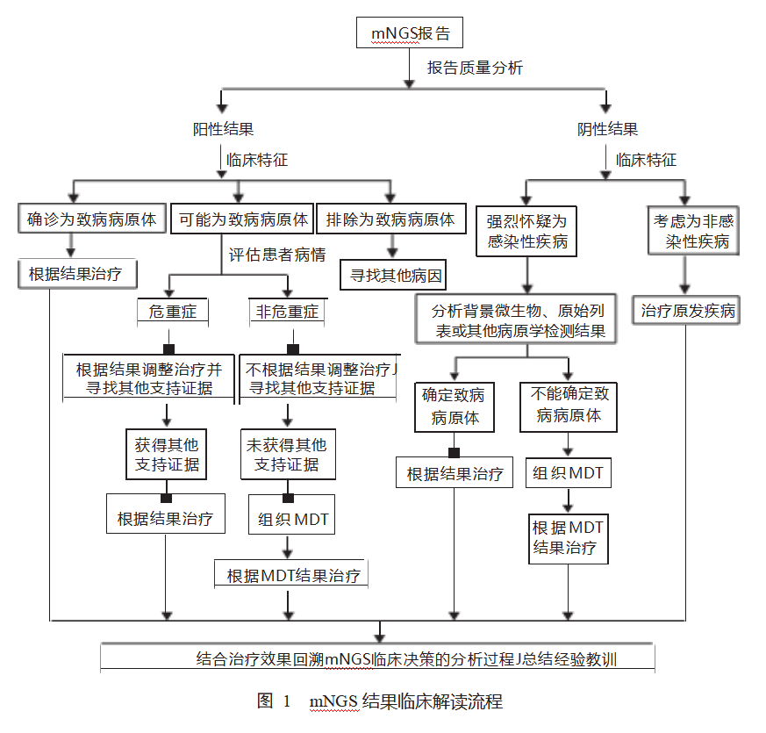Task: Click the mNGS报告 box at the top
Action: tap(410, 33)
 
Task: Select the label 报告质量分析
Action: tap(476, 68)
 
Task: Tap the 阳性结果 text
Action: tap(224, 129)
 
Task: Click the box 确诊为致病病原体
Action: tap(92, 219)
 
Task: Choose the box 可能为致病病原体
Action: tap(243, 219)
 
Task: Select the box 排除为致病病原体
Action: tap(390, 219)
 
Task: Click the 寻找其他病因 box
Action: tap(392, 276)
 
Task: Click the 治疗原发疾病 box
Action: tap(688, 311)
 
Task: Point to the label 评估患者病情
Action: tap(277, 255)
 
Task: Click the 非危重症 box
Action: tap(287, 312)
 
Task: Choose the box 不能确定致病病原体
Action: tap(569, 406)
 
